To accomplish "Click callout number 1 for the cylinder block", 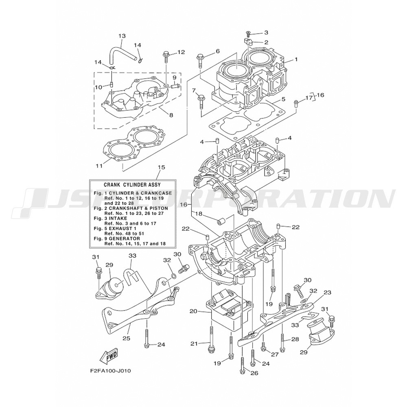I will (x=296, y=59).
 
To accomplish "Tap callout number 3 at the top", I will (x=266, y=33).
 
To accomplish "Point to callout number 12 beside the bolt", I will (x=181, y=52).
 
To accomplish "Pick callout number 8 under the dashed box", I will (x=171, y=115).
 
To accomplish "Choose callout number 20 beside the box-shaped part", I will (x=193, y=311).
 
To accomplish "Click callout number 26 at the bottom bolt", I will (x=255, y=373).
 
